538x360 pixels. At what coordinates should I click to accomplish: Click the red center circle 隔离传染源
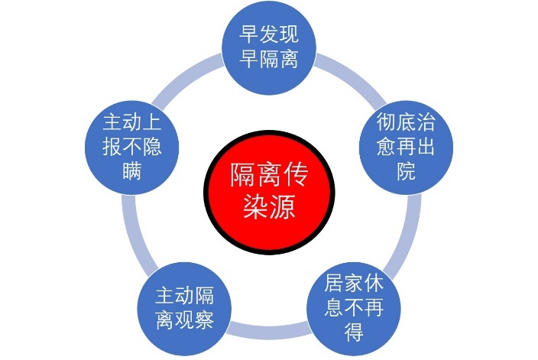coord(269,192)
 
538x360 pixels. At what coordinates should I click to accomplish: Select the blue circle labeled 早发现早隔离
coord(269,47)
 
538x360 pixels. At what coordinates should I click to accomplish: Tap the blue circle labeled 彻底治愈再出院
coord(406,148)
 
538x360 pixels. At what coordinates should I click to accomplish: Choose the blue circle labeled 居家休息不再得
coord(354,309)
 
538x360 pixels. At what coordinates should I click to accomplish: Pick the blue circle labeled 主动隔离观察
coord(184,309)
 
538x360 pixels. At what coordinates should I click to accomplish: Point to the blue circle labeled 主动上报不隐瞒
coord(131,148)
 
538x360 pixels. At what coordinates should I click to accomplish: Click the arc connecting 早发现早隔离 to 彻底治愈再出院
coord(353,75)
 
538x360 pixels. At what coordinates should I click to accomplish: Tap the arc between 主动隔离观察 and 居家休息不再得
coord(269,330)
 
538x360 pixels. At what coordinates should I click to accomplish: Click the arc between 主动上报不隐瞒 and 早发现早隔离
coord(185,75)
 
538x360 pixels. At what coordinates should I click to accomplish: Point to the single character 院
coord(407,170)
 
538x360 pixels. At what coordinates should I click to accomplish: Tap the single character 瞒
coord(132,170)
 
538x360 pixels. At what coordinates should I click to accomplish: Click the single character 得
coord(354,332)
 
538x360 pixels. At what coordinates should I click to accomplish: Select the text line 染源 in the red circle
coord(269,206)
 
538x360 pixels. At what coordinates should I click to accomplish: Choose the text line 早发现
coord(269,34)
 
